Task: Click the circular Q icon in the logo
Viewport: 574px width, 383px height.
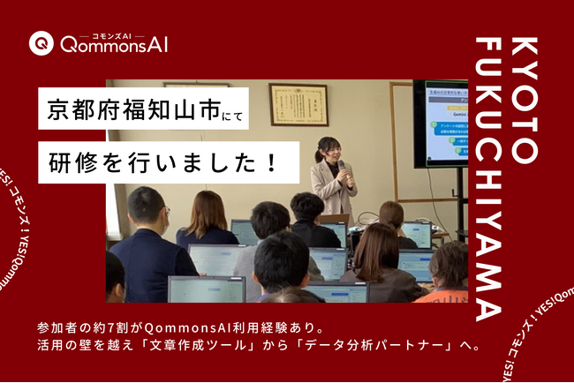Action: pos(40,41)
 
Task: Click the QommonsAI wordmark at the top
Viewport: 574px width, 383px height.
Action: pos(113,43)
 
